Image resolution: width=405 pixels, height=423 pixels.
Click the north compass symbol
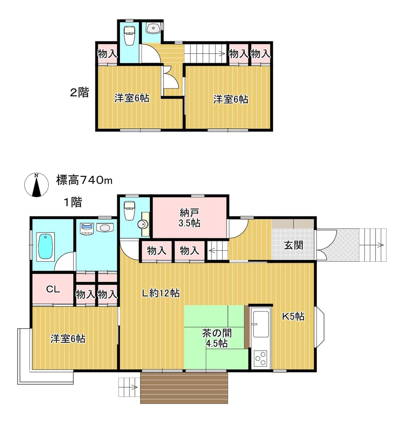click(37, 185)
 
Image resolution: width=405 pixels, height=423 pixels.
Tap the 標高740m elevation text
click(84, 180)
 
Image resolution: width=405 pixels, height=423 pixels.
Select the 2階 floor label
click(79, 93)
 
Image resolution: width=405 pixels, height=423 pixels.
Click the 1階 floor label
click(73, 202)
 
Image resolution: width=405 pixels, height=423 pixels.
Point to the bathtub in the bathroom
click(45, 247)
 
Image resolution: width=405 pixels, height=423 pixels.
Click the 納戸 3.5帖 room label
click(189, 218)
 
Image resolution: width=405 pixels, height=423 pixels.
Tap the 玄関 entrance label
click(294, 245)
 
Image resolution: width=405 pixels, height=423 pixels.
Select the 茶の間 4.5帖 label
click(217, 338)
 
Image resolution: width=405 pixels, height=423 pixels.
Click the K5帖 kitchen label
click(294, 316)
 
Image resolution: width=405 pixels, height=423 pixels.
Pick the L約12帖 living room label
click(161, 293)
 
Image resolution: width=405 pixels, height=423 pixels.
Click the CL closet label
click(53, 289)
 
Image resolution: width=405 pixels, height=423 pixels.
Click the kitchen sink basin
click(261, 325)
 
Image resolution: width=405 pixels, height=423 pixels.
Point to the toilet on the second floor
click(130, 35)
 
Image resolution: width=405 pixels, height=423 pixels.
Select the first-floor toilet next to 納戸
click(129, 211)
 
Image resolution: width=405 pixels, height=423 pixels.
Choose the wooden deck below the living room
click(184, 388)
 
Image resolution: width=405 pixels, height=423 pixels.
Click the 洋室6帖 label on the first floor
click(68, 338)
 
